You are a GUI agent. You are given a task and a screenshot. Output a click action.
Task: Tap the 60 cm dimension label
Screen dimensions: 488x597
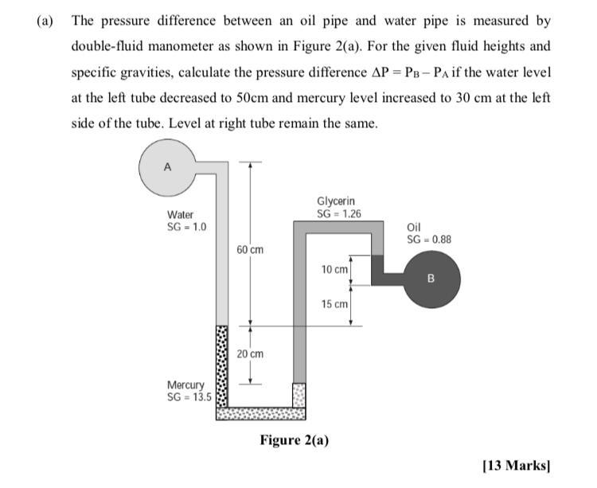(x=250, y=250)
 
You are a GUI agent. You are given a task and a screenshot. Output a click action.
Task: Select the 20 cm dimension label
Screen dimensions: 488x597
(x=250, y=353)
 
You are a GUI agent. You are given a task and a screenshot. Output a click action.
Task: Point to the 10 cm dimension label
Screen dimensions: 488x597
(x=334, y=270)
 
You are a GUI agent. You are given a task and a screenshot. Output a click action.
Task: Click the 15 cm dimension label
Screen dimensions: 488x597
(x=334, y=304)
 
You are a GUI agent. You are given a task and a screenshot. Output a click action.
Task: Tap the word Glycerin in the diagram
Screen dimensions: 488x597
(x=336, y=202)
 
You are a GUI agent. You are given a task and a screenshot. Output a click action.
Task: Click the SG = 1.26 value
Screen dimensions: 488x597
(x=339, y=213)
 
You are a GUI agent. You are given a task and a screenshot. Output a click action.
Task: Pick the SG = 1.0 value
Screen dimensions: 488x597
(x=186, y=226)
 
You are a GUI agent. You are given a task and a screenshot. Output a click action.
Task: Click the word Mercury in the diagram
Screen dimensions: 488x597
(x=185, y=385)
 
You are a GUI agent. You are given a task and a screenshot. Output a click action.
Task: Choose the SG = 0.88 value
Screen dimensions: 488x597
(x=429, y=240)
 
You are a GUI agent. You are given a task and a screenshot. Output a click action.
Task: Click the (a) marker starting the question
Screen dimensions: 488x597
(x=45, y=21)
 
